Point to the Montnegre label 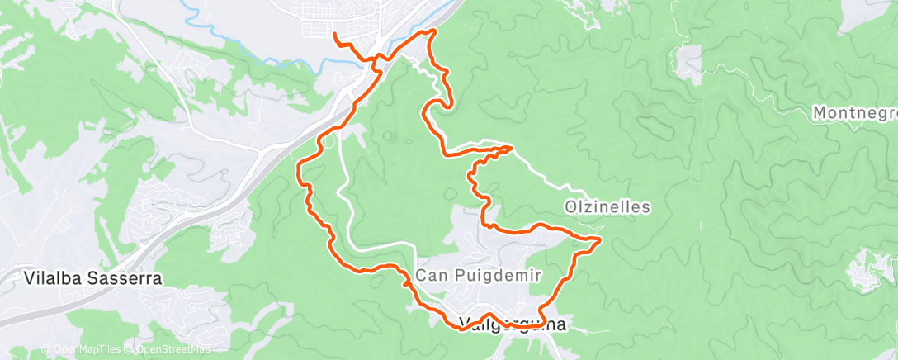[x=854, y=112]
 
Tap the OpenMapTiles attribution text [x=83, y=349]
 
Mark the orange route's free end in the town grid [x=334, y=35]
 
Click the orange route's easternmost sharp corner [x=598, y=239]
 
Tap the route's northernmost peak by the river [x=430, y=31]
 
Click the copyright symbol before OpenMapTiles [x=45, y=349]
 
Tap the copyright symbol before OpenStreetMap [x=127, y=349]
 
